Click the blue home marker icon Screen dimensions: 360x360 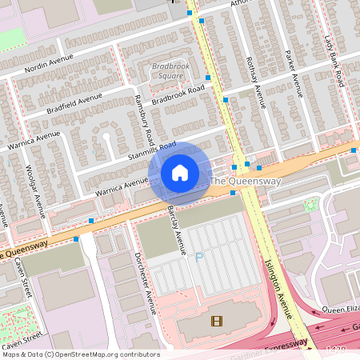pyautogui.click(x=180, y=173)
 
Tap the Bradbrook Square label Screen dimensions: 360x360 pyautogui.click(x=167, y=71)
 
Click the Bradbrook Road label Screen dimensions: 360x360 pyautogui.click(x=178, y=93)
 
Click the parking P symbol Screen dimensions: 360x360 pyautogui.click(x=199, y=257)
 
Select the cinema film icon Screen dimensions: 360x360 pyautogui.click(x=216, y=321)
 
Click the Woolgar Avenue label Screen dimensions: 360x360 pyautogui.click(x=34, y=193)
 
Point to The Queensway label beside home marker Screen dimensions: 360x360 pyautogui.click(x=245, y=182)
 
